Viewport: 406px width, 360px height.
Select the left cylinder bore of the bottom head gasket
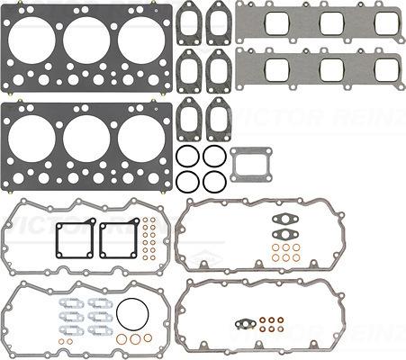click(x=32, y=139)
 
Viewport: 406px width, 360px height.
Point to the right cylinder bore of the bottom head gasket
click(x=141, y=139)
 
